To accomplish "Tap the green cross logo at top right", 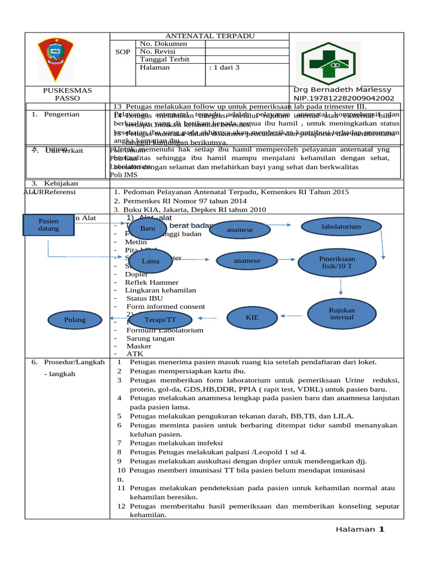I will (335, 60).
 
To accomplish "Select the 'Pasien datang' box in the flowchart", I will (48, 225).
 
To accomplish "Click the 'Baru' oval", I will (148, 228).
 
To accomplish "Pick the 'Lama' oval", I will (150, 261).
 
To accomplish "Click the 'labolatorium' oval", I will (341, 227).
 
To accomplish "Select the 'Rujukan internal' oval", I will (342, 313).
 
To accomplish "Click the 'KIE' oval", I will (253, 317).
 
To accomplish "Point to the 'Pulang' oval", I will (75, 320).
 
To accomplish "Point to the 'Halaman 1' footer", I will (360, 529).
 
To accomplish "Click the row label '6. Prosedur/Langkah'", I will (68, 362).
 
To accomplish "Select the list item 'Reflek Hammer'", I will (152, 283).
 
